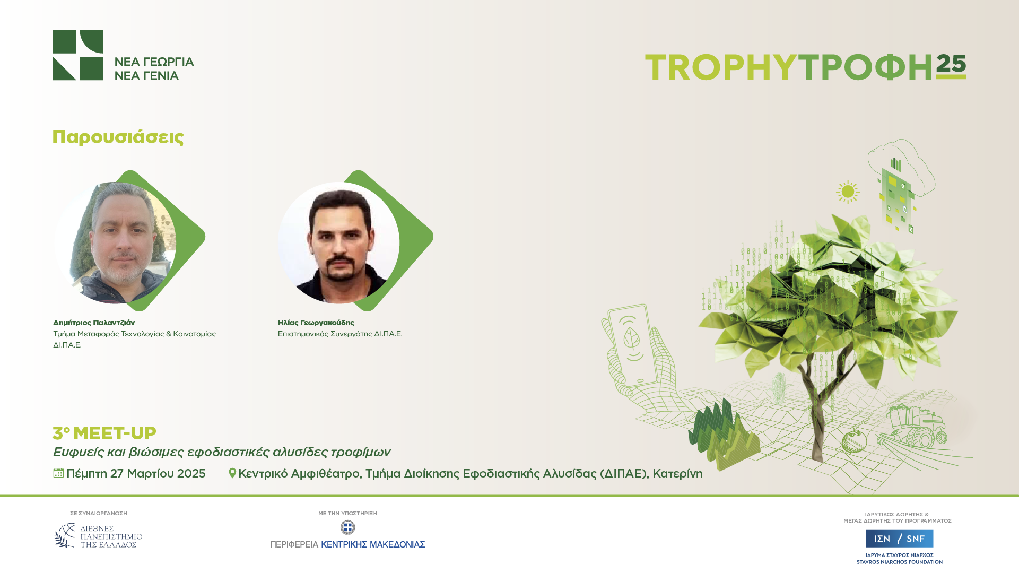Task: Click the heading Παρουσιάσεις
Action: click(x=118, y=137)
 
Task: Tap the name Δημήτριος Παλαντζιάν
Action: click(x=94, y=323)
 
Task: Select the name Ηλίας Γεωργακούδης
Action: click(x=316, y=323)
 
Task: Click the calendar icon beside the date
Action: click(x=58, y=473)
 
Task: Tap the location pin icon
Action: click(x=232, y=473)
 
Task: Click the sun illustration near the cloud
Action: click(x=848, y=192)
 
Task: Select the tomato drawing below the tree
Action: click(x=854, y=440)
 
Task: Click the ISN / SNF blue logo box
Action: click(x=899, y=539)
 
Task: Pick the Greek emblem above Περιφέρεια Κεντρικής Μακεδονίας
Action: click(x=347, y=527)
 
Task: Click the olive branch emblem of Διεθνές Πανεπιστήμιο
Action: click(x=65, y=535)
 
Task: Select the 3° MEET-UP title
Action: click(x=104, y=433)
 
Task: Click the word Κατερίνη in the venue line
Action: click(x=677, y=473)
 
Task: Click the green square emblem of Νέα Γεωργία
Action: click(x=78, y=55)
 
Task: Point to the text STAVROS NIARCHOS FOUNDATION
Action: click(x=900, y=562)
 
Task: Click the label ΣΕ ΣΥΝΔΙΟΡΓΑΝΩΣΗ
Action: click(x=99, y=514)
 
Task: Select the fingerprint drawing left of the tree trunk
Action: click(x=779, y=387)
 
